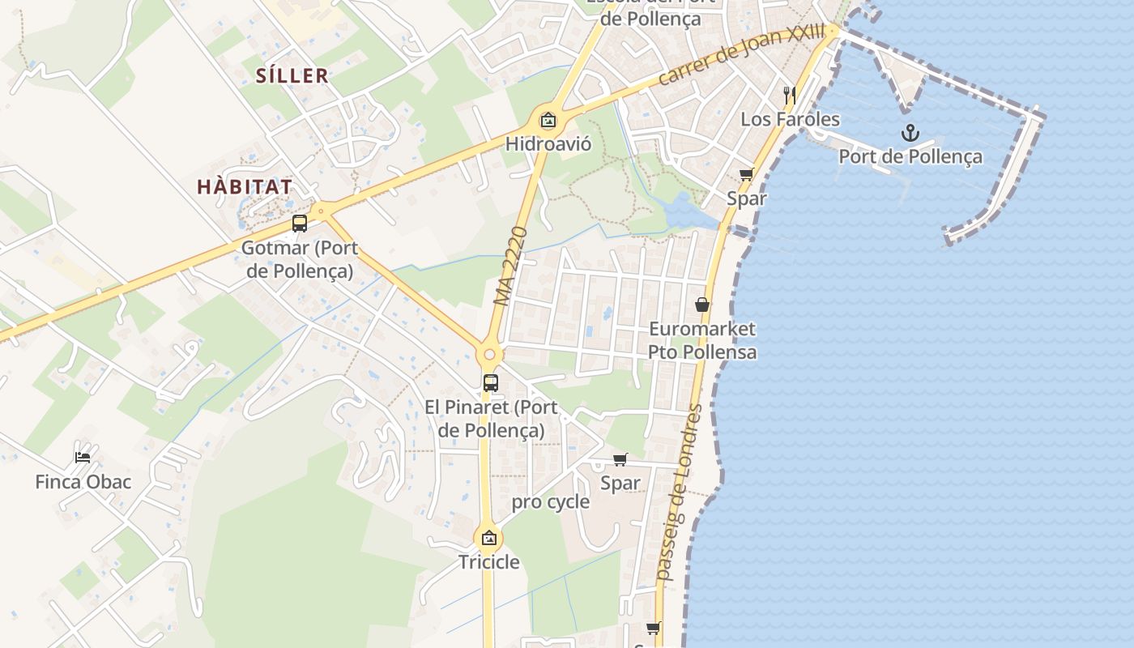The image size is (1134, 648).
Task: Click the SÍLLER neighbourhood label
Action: tap(292, 76)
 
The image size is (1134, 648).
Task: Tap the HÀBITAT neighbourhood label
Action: tap(245, 187)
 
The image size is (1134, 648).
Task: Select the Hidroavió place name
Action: tap(548, 144)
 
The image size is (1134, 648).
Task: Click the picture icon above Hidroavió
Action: tap(548, 122)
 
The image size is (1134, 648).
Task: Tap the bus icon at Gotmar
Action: tap(300, 224)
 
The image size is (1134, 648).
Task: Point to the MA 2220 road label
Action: tap(510, 266)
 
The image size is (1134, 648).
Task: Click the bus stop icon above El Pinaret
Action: tap(490, 383)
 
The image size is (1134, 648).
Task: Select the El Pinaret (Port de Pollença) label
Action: tap(490, 418)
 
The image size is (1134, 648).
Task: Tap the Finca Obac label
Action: tap(83, 482)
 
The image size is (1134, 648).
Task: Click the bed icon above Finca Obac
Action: tap(83, 457)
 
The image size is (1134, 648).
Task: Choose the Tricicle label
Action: tap(489, 561)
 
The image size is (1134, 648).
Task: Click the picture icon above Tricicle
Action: tap(489, 538)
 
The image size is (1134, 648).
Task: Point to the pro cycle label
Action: tap(550, 502)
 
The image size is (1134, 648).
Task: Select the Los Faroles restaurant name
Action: tap(791, 120)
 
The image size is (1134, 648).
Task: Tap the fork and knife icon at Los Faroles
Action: tap(790, 95)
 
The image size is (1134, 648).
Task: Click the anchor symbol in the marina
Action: tap(910, 133)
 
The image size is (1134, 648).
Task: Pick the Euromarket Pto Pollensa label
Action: tap(702, 340)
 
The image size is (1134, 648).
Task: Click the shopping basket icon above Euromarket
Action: tap(702, 305)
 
